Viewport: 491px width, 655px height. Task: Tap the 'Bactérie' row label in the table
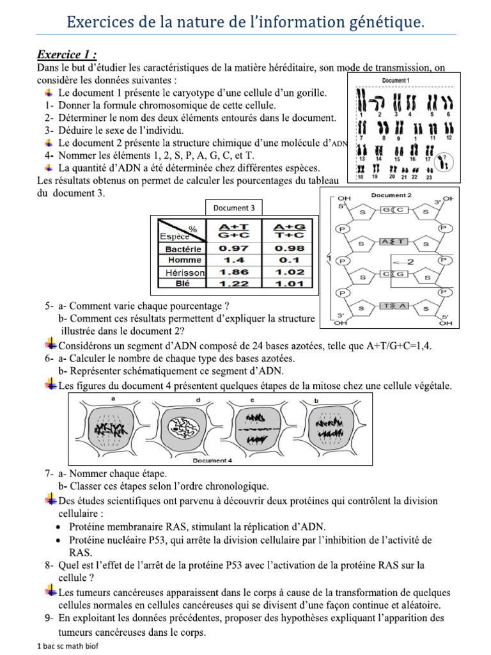click(x=183, y=249)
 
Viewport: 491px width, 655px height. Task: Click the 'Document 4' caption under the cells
click(x=211, y=461)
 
